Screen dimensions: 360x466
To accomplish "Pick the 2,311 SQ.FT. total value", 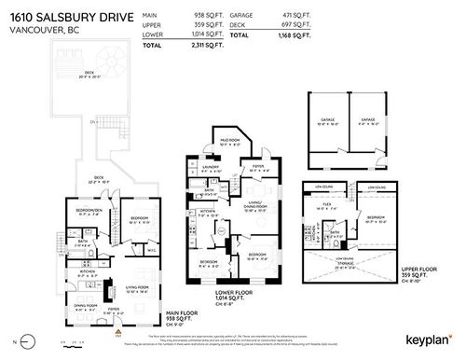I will click(204, 43).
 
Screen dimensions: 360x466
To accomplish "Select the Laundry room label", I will click(209, 169).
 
